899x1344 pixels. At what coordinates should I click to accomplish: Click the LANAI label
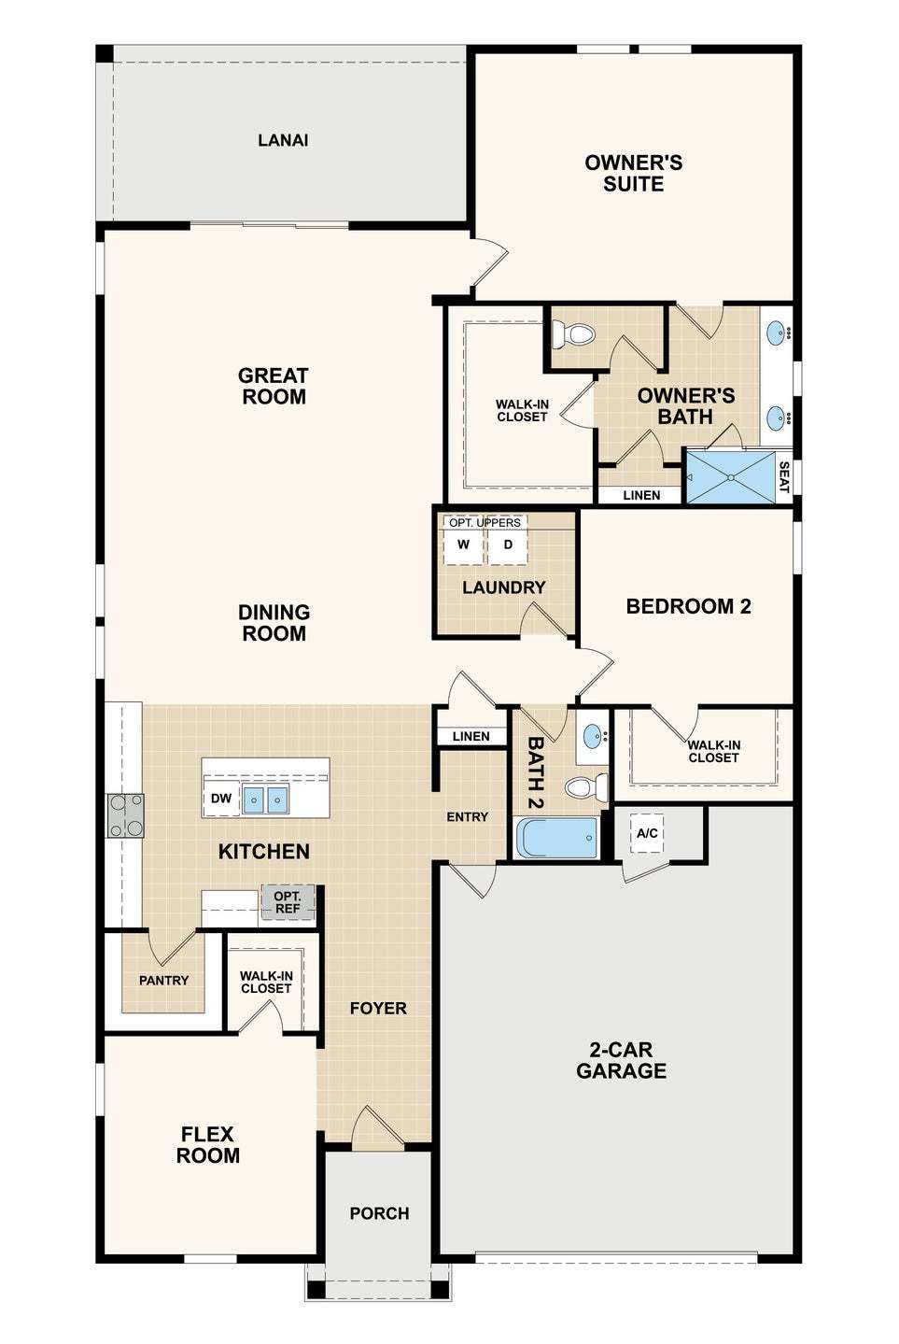point(283,140)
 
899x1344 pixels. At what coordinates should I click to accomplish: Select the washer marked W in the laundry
point(463,545)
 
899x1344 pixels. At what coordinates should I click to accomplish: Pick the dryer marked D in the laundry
point(508,545)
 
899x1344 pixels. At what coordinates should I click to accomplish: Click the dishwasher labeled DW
point(221,798)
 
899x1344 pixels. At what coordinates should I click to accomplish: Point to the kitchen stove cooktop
point(125,815)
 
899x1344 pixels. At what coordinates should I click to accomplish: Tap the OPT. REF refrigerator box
point(288,902)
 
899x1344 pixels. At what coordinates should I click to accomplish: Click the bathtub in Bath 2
point(557,838)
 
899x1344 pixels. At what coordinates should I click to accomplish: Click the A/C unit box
point(647,833)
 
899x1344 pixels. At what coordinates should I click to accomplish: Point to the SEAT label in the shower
point(783,477)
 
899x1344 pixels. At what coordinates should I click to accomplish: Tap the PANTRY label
point(163,981)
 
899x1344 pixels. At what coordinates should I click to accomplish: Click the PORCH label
point(379,1213)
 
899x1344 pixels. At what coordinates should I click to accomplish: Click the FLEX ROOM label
point(207,1145)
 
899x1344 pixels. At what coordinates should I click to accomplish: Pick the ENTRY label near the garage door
point(467,816)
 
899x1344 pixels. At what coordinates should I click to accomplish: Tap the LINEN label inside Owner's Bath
point(641,495)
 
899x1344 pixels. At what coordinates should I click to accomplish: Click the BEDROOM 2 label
point(689,606)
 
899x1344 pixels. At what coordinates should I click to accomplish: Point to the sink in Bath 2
point(593,734)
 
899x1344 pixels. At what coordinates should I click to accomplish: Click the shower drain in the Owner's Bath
point(731,477)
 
